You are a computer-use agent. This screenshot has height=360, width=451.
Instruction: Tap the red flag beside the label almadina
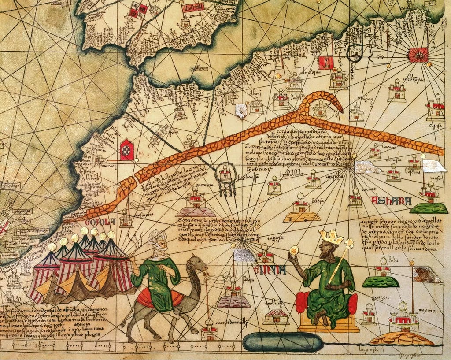[x=325, y=63]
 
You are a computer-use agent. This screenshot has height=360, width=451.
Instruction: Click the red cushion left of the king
[x=301, y=302]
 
